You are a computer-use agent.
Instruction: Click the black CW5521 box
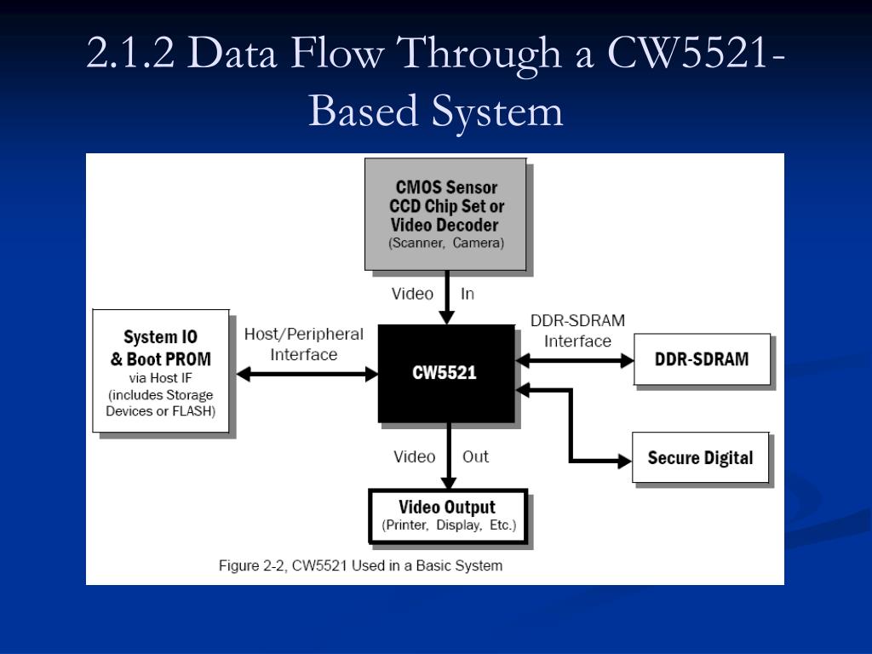(x=446, y=373)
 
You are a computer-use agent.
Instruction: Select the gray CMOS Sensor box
(x=445, y=214)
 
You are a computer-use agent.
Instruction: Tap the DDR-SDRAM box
(x=702, y=359)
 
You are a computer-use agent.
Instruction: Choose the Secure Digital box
(x=700, y=457)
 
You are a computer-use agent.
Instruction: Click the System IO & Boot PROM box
(x=161, y=371)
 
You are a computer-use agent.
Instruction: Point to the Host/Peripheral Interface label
(x=304, y=344)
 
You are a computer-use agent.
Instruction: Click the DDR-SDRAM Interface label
(x=577, y=331)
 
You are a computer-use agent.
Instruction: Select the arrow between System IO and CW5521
(x=307, y=374)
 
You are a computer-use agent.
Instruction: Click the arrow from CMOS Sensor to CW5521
(x=446, y=297)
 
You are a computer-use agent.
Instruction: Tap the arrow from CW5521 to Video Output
(x=448, y=456)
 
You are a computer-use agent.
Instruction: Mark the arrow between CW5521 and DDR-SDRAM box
(x=575, y=360)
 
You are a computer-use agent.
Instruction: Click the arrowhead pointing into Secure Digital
(x=624, y=461)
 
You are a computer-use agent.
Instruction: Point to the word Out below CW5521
(x=475, y=456)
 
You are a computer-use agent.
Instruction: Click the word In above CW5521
(x=468, y=294)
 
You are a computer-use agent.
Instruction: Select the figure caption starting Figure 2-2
(x=360, y=565)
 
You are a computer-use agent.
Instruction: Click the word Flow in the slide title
(x=337, y=53)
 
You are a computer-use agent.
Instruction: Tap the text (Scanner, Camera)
(x=446, y=243)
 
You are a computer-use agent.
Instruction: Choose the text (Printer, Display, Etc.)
(x=449, y=525)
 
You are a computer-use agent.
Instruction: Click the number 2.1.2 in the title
(x=130, y=53)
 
